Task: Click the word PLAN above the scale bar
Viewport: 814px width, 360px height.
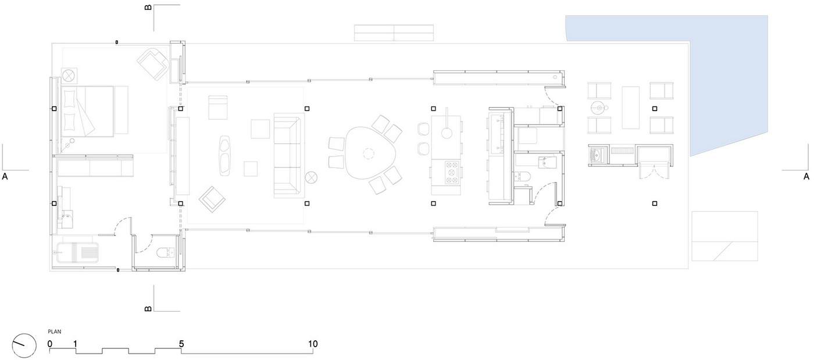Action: pyautogui.click(x=55, y=332)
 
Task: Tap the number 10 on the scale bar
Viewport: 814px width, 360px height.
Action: pyautogui.click(x=313, y=344)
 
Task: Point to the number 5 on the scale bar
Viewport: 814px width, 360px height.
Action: pyautogui.click(x=181, y=344)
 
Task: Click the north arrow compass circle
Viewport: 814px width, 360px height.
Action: pyautogui.click(x=24, y=346)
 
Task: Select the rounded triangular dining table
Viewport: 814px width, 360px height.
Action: pyautogui.click(x=369, y=152)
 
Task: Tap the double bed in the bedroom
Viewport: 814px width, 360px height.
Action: pyautogui.click(x=94, y=111)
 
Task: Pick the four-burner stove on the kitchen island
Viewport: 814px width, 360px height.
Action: pyautogui.click(x=452, y=173)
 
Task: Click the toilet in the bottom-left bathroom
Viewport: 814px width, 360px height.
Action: pyautogui.click(x=166, y=252)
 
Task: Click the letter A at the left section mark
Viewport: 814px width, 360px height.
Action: pyautogui.click(x=5, y=177)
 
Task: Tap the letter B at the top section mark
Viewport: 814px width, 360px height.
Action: pyautogui.click(x=148, y=7)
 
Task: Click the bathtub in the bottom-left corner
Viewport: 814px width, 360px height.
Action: pyautogui.click(x=77, y=251)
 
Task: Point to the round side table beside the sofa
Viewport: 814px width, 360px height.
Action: pyautogui.click(x=311, y=177)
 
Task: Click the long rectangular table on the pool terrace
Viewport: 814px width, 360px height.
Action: pyautogui.click(x=630, y=108)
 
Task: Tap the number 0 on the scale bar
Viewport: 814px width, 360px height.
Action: pyautogui.click(x=50, y=344)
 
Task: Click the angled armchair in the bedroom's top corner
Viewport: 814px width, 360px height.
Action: pyautogui.click(x=153, y=64)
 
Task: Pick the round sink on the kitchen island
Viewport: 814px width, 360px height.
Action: pyautogui.click(x=447, y=133)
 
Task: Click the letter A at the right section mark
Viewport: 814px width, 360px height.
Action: pyautogui.click(x=806, y=177)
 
